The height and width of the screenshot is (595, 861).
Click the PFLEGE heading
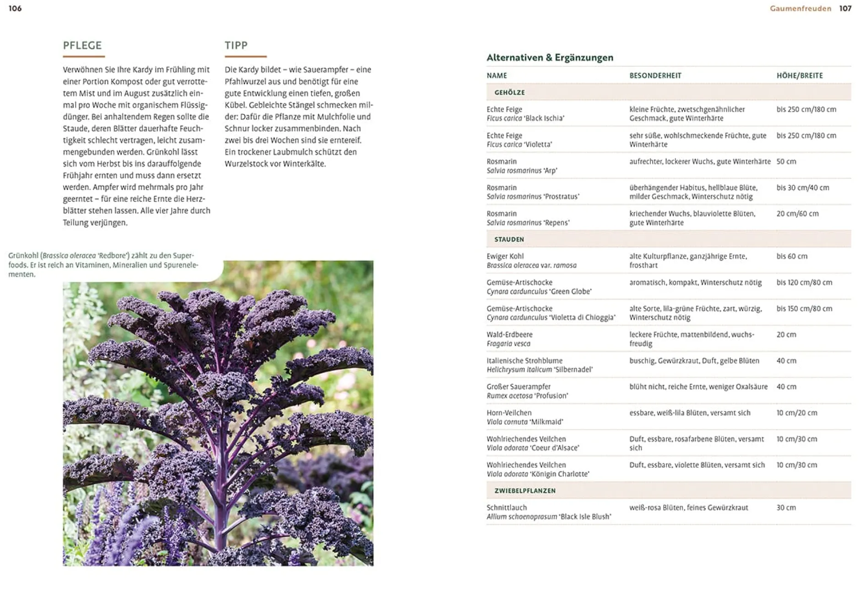pos(82,45)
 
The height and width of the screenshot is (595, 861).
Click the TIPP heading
pos(236,45)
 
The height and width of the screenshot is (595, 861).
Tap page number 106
pos(15,8)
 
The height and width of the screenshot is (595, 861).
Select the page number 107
pos(845,8)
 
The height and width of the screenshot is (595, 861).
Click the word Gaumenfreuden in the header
pos(800,8)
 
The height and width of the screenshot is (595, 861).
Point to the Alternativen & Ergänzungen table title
pos(550,57)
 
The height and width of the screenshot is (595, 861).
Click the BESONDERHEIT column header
pos(655,76)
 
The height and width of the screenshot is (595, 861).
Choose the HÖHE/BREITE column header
pos(800,76)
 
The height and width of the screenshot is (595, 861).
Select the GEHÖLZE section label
pos(509,92)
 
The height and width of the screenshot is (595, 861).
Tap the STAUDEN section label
pos(509,239)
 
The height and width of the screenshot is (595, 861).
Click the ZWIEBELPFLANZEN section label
pos(525,491)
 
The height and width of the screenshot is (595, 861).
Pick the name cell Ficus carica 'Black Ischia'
pos(525,118)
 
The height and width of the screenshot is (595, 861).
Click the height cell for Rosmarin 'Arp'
pos(786,162)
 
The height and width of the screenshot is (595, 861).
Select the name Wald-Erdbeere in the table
pos(509,335)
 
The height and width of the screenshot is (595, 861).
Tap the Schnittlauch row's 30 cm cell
pos(786,508)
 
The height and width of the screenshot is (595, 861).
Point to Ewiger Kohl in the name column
pos(505,256)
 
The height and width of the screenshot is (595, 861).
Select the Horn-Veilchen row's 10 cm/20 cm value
pos(797,413)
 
